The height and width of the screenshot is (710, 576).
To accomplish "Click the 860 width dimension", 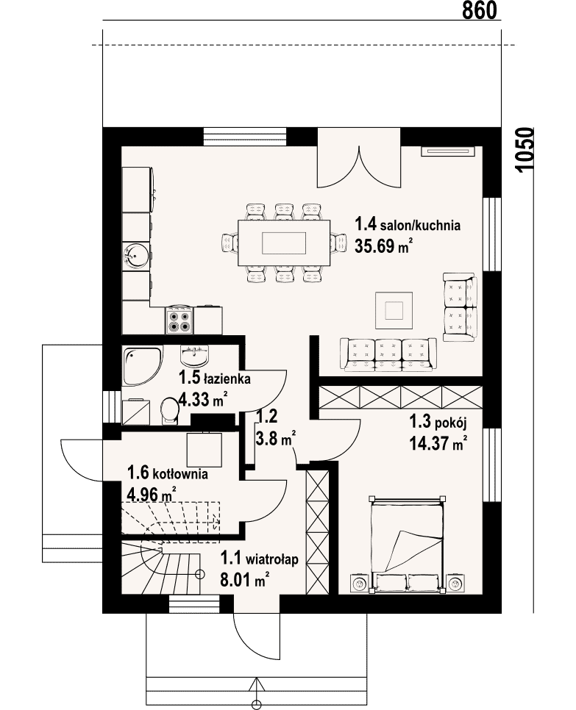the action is coord(480,10).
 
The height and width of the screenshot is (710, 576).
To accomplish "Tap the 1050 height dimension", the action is coord(525,149).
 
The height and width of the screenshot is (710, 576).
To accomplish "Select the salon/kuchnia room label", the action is coord(408,224).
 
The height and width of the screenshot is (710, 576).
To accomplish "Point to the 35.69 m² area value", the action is coord(383,246).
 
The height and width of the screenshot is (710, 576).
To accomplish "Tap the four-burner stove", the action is coord(179,320).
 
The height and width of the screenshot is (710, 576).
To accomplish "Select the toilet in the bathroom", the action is coord(170,411).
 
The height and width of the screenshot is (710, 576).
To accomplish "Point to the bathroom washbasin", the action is coord(195,356).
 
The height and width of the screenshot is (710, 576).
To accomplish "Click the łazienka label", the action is coord(215,378).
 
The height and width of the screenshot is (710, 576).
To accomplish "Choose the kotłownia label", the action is coord(168,473).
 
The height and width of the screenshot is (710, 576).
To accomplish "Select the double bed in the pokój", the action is coord(407,545).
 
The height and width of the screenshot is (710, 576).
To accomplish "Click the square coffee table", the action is coord(394,311).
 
